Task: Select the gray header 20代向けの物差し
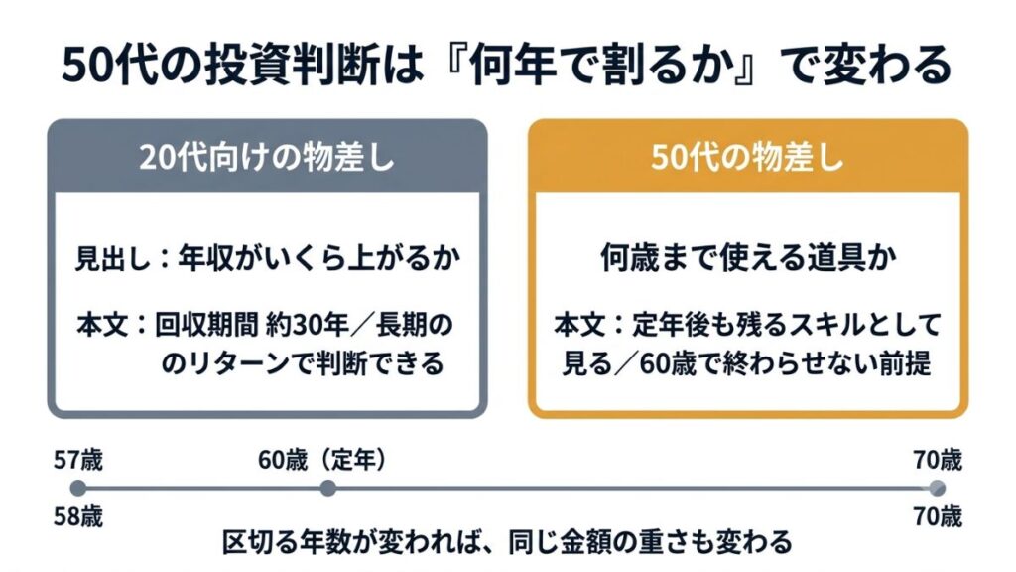point(267,158)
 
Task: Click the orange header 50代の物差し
point(748,158)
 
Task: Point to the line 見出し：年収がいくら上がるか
point(268,258)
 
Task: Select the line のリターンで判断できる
point(302,363)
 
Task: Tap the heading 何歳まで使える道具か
point(748,258)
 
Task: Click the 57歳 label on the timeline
point(78,460)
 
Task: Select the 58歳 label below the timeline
point(78,516)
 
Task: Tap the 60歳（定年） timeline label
point(322,460)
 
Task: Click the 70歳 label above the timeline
point(938,460)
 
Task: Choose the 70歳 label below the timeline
point(938,516)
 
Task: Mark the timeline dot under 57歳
point(77,488)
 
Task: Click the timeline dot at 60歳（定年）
point(327,488)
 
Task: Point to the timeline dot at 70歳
point(937,488)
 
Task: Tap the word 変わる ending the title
point(886,66)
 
